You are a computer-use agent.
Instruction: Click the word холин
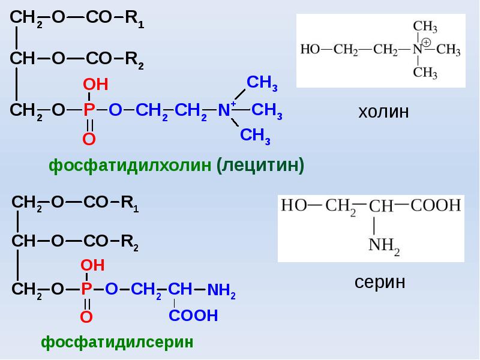click(x=383, y=112)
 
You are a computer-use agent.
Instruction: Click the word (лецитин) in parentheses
click(x=261, y=165)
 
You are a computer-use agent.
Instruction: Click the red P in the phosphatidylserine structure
click(x=86, y=290)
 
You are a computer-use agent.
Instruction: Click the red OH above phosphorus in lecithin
click(x=95, y=85)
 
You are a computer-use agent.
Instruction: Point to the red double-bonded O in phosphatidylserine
click(x=86, y=317)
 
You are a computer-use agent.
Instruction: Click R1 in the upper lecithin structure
click(x=134, y=19)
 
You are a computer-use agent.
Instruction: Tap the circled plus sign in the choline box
click(x=426, y=43)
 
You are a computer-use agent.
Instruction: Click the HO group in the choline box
click(x=310, y=50)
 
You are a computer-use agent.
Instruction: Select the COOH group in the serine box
click(x=436, y=206)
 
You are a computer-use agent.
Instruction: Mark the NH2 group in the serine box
click(x=383, y=245)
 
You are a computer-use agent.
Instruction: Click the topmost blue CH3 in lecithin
click(x=262, y=83)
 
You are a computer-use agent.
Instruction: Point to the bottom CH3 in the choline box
click(x=425, y=73)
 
